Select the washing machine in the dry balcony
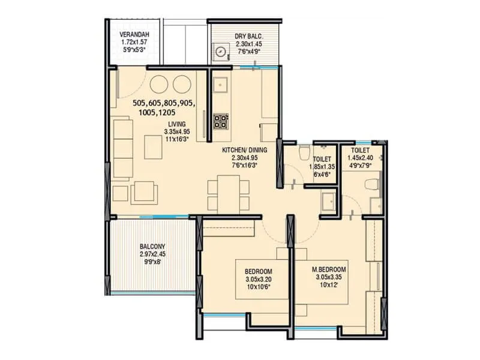[222, 52]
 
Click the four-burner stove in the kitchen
[221, 121]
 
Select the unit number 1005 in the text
[145, 112]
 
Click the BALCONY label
[152, 247]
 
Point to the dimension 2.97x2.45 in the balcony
[152, 254]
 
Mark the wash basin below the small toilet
[327, 202]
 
